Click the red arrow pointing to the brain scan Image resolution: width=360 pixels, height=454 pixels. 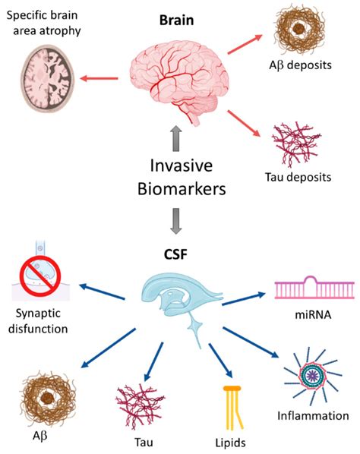point(101,77)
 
